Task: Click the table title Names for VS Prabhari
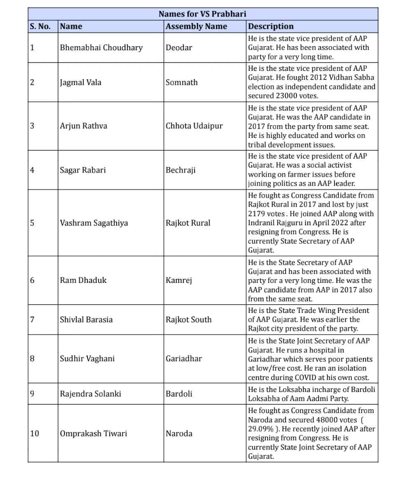(202, 14)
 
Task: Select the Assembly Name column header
(196, 26)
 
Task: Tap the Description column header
(271, 26)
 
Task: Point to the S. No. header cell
(40, 26)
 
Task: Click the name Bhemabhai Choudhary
(101, 47)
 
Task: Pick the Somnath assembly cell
(182, 82)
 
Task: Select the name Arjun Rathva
(84, 126)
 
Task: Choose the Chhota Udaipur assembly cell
(194, 126)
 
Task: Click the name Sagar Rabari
(83, 170)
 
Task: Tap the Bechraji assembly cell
(180, 170)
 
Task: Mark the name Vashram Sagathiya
(94, 223)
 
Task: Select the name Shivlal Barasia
(86, 320)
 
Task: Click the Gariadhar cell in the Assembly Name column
(184, 359)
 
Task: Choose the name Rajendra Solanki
(91, 394)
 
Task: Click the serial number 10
(35, 434)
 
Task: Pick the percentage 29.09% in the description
(260, 429)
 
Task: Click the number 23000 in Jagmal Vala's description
(285, 96)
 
